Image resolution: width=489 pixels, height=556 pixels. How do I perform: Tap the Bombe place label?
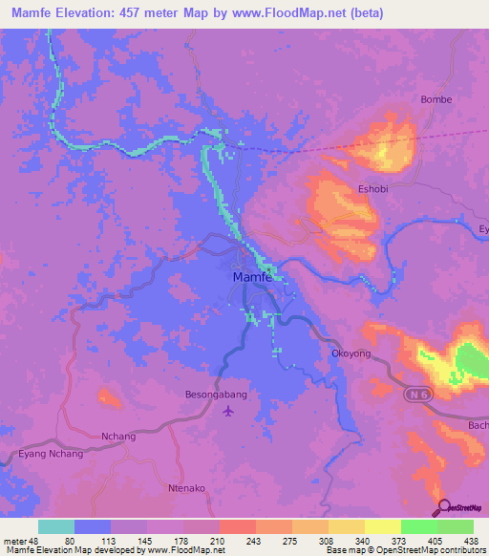point(436,99)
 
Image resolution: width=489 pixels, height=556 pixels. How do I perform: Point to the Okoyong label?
point(351,353)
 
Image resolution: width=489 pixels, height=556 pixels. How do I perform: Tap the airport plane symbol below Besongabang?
point(227,411)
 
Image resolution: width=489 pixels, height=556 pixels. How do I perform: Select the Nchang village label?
point(118,437)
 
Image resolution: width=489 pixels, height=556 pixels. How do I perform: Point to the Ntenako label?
point(188,488)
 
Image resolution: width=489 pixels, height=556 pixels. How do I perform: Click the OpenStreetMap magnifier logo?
point(442,506)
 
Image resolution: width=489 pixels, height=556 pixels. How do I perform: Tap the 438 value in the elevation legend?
point(472,539)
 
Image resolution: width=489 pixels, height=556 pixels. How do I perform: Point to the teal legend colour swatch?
point(56,526)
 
